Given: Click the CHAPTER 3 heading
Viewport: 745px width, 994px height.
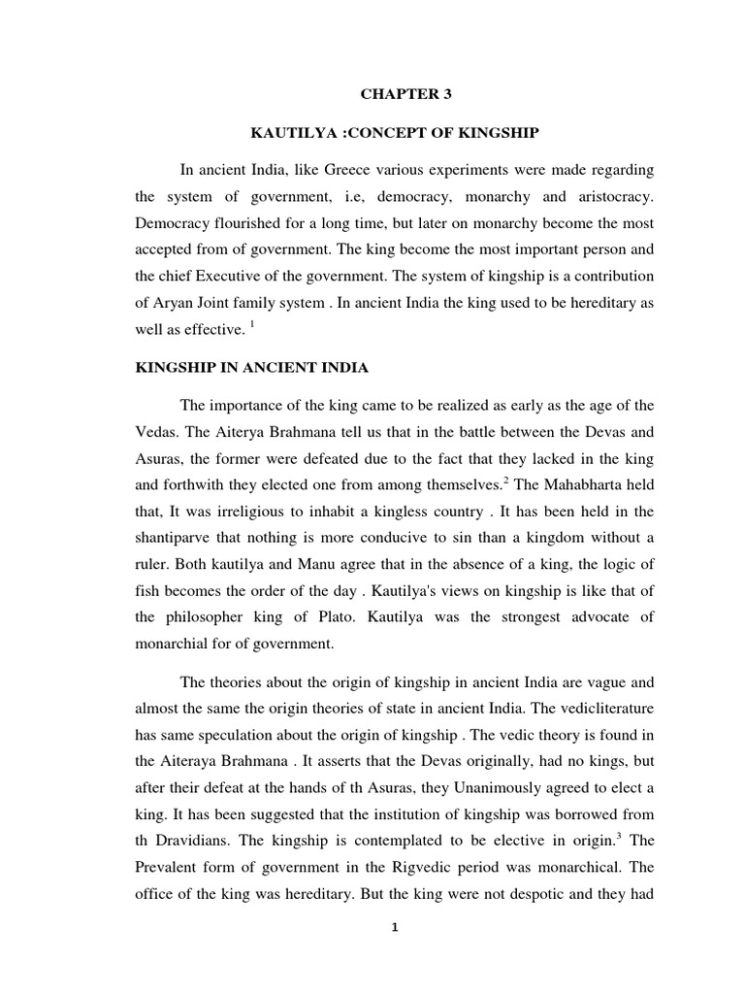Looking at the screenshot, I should click(x=394, y=94).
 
